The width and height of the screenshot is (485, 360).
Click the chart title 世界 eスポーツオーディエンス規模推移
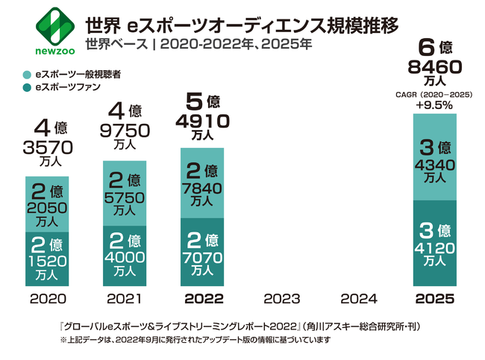[x=242, y=24]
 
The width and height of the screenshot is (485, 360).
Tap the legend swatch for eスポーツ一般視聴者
[x=27, y=75]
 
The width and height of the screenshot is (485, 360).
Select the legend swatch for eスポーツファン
[x=27, y=88]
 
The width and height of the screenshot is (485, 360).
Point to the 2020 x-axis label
[x=46, y=299]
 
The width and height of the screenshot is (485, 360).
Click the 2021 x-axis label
[x=124, y=299]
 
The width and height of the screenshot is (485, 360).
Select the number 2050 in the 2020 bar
[x=46, y=207]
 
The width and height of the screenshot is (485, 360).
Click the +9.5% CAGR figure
[x=436, y=105]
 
